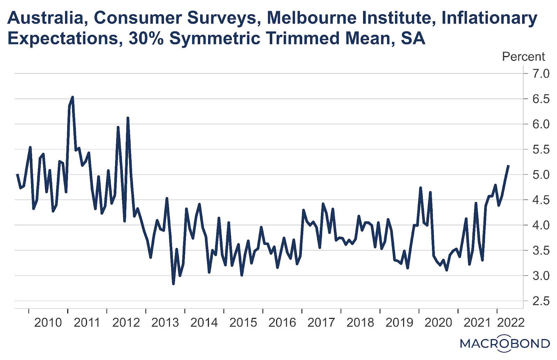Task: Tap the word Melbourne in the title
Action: tap(312, 18)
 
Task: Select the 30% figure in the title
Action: tap(146, 38)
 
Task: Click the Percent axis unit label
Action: tap(523, 56)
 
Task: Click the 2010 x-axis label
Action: tap(48, 323)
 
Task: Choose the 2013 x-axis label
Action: tap(165, 323)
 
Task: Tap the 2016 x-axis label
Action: tap(282, 323)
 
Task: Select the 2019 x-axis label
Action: tap(399, 323)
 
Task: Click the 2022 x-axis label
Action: tap(511, 323)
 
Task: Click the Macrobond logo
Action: tap(505, 344)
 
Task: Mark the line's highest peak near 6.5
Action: tap(72, 97)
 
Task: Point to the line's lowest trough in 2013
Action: tap(173, 284)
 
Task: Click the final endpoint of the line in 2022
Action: tap(509, 166)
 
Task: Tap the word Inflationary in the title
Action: tap(489, 18)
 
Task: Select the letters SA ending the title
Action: tap(413, 38)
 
